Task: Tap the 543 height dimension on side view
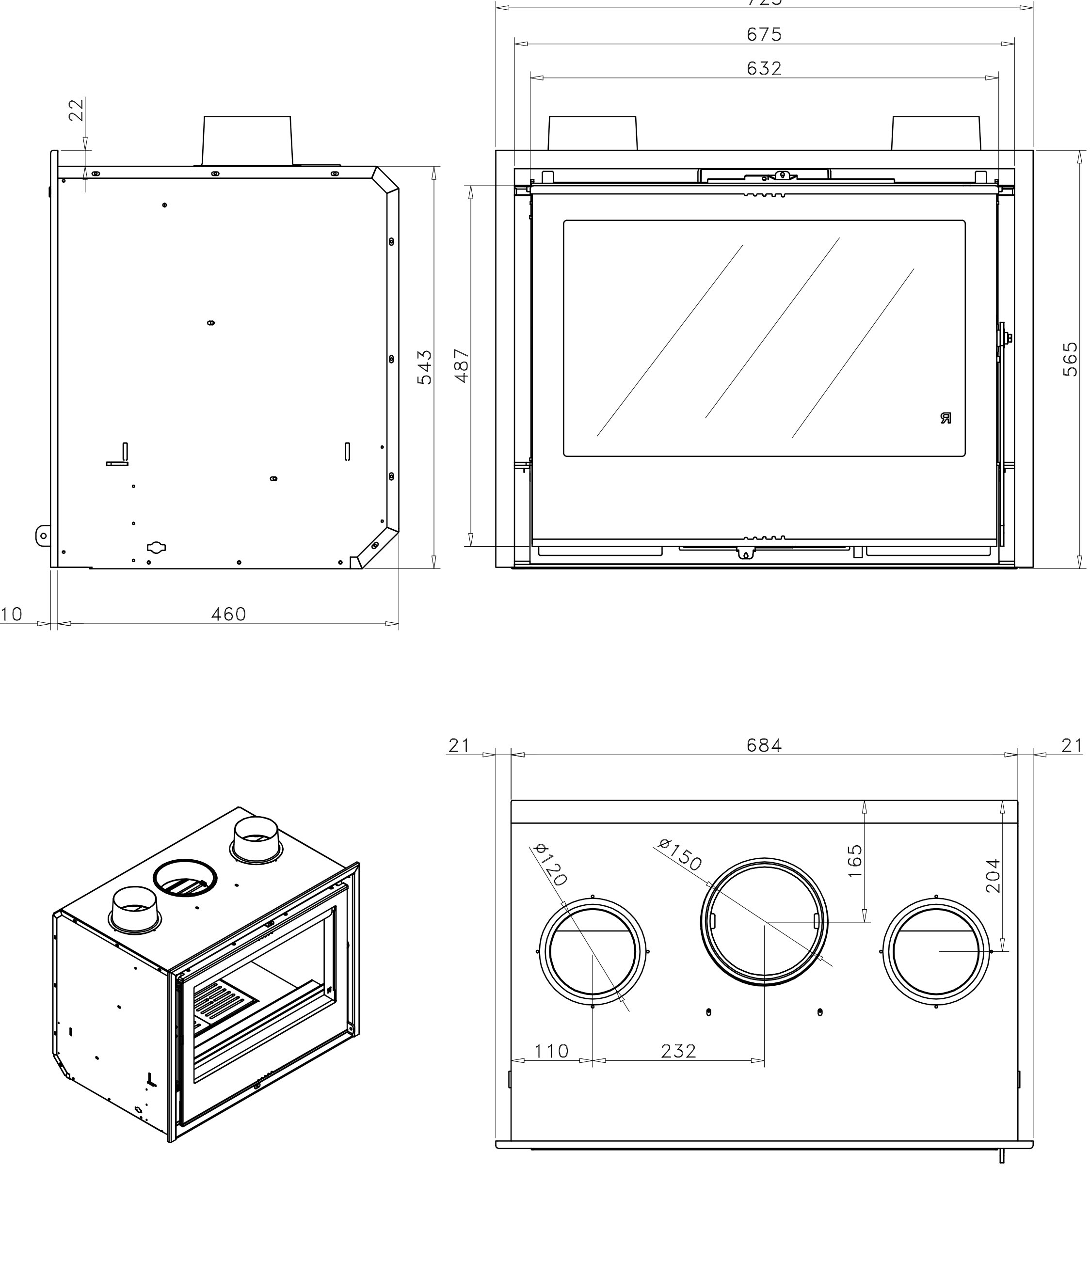[424, 367]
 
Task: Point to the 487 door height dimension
[461, 365]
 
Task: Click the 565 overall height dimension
[1070, 359]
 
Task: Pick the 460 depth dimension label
[228, 615]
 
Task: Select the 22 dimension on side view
[76, 110]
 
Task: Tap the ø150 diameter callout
[681, 854]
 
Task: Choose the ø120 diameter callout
[551, 864]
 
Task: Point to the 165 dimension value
[855, 861]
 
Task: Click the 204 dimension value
[993, 875]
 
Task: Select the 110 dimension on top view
[551, 1051]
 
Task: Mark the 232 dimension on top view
[678, 1051]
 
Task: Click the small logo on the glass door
[945, 418]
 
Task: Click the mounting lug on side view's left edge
[43, 536]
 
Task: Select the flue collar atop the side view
[247, 140]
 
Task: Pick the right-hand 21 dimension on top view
[1071, 745]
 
